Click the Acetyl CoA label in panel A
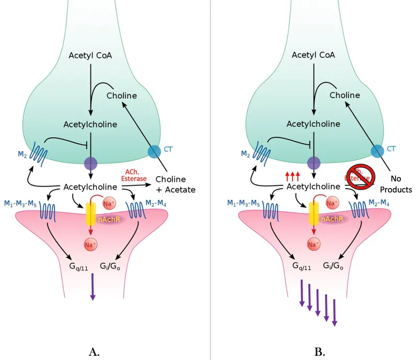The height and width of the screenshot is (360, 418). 90,55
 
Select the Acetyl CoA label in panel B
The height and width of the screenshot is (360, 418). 313,55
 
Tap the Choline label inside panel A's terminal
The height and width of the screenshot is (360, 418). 121,96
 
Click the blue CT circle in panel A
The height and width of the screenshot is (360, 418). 155,152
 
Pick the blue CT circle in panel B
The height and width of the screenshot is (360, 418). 377,152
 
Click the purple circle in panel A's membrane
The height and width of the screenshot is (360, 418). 91,163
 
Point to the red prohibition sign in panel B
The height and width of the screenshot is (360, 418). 359,174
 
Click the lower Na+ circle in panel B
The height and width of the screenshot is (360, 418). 313,244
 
